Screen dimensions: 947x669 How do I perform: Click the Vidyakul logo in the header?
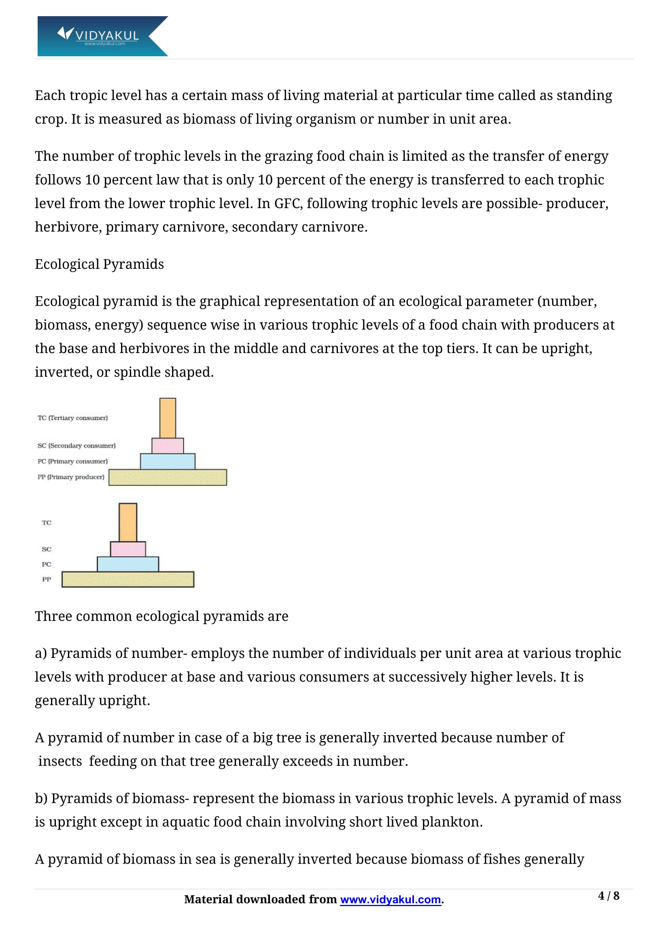pos(102,36)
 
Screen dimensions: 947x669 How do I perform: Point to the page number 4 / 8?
pos(608,896)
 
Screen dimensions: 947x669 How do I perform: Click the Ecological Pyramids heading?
pos(99,264)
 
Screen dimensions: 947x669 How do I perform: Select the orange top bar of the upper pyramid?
pos(168,418)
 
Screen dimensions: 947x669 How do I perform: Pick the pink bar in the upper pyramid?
pos(168,445)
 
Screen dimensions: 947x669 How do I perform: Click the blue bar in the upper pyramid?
pos(168,461)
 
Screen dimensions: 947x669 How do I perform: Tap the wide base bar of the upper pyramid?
pos(168,477)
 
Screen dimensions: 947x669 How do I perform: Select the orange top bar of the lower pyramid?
pos(128,522)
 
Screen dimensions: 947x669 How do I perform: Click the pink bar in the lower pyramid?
pos(128,549)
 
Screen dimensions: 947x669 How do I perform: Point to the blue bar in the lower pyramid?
pos(128,564)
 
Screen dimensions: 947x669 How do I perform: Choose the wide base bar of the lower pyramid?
pos(128,579)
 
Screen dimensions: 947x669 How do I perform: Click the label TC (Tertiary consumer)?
pos(72,418)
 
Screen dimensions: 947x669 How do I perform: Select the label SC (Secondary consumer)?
pos(76,445)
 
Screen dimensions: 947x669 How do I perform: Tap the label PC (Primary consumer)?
pos(72,461)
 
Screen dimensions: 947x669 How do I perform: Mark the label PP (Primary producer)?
pos(71,477)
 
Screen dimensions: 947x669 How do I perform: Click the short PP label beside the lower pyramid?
pos(47,579)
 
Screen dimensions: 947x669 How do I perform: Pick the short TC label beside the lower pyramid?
pos(47,523)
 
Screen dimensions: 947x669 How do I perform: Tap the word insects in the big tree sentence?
pos(60,761)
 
